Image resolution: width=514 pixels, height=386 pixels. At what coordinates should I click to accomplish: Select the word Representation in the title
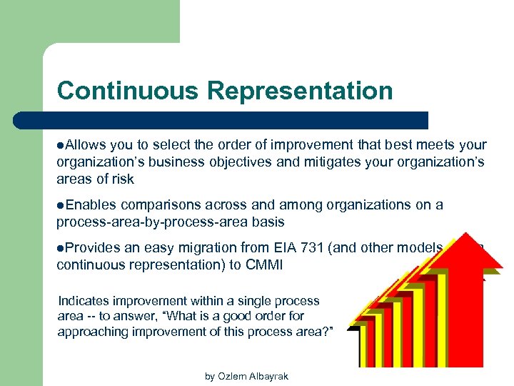[300, 91]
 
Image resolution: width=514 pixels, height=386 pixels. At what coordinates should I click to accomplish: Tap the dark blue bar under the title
[236, 120]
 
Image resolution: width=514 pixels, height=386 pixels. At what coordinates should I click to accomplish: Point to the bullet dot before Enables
[61, 206]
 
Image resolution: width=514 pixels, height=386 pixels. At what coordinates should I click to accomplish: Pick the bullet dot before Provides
[61, 248]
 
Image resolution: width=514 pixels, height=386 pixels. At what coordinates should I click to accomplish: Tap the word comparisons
[153, 205]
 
